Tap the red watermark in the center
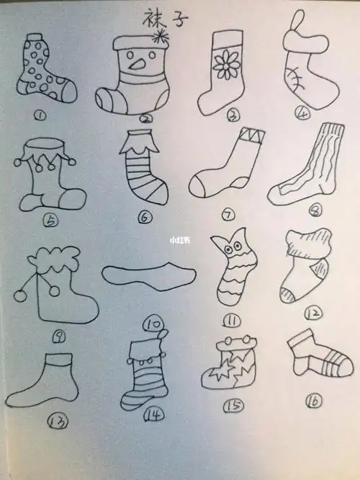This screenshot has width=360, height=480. (x=179, y=240)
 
